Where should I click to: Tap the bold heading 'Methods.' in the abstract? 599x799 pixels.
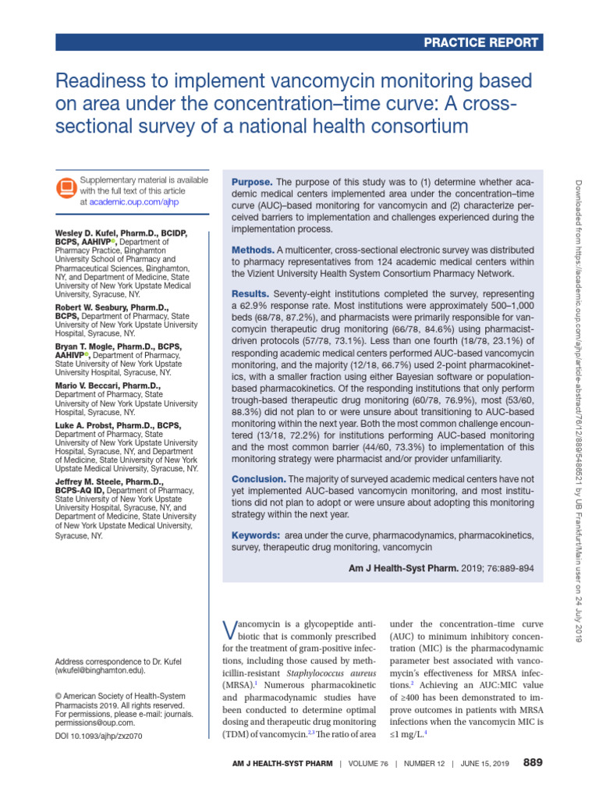[253, 249]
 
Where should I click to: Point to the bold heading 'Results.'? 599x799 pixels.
[250, 293]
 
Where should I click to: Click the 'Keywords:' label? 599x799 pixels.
[256, 536]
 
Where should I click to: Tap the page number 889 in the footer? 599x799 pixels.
[532, 762]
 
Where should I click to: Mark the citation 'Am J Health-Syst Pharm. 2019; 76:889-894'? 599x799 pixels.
[441, 567]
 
